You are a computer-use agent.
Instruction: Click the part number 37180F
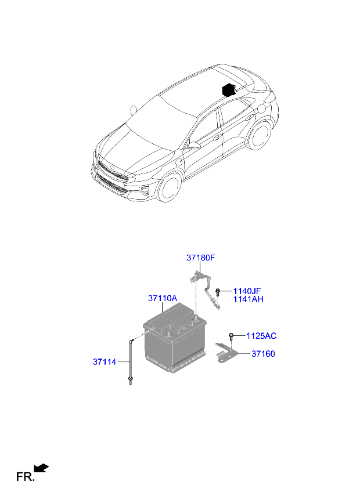(200, 258)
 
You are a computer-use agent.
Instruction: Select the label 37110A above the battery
(163, 298)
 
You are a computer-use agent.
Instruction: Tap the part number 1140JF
(247, 291)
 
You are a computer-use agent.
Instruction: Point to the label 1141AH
(248, 299)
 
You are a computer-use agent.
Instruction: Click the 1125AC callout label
(261, 336)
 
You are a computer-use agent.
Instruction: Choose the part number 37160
(263, 354)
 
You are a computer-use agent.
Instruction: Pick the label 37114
(105, 362)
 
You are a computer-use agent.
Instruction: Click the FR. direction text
(25, 477)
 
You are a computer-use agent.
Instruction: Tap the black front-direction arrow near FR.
(41, 468)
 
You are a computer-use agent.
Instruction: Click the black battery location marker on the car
(229, 90)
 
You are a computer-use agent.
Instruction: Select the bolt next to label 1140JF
(217, 292)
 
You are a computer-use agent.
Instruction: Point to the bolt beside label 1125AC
(231, 337)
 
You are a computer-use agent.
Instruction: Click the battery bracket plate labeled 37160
(227, 354)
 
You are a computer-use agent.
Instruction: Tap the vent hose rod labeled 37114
(131, 361)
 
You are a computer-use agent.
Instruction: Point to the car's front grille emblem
(113, 169)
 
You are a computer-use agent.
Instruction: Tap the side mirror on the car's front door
(193, 145)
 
